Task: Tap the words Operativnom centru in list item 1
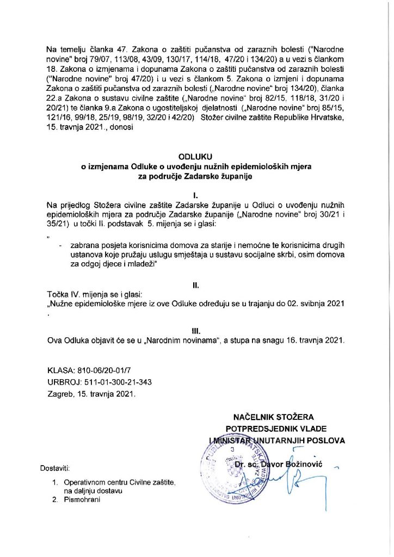[x=95, y=482]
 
